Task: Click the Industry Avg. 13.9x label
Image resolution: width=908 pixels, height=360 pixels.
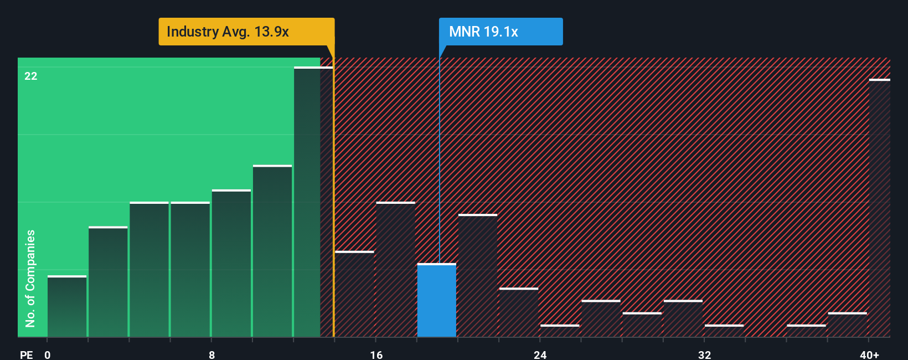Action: point(246,32)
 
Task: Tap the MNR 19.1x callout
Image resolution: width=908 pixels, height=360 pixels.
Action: point(501,32)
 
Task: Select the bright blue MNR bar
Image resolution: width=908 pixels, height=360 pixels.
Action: point(436,300)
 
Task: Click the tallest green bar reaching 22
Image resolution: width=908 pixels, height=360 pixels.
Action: point(313,202)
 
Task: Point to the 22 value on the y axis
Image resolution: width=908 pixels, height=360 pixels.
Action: point(31,76)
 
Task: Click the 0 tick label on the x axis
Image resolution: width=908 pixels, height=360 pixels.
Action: point(48,354)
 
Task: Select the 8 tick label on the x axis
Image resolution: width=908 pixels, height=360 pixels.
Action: point(211,354)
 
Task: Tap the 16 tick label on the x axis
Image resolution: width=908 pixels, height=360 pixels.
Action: point(376,354)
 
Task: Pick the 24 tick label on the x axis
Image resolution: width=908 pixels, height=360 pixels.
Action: point(540,354)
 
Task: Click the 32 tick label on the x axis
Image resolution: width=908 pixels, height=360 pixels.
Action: point(704,354)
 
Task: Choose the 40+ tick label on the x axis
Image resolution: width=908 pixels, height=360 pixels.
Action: point(869,354)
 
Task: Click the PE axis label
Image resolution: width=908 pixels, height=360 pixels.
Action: point(26,354)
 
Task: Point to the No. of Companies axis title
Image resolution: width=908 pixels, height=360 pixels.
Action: point(30,278)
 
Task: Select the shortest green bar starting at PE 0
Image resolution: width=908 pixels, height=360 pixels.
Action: point(67,306)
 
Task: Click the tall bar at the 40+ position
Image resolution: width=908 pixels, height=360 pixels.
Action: point(879,208)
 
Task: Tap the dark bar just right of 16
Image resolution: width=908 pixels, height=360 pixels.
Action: point(395,269)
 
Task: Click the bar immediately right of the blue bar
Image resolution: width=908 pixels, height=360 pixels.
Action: point(477,275)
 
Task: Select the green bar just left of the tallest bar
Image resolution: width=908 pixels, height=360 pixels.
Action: point(272,251)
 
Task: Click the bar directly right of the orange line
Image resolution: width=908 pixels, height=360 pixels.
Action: point(354,294)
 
